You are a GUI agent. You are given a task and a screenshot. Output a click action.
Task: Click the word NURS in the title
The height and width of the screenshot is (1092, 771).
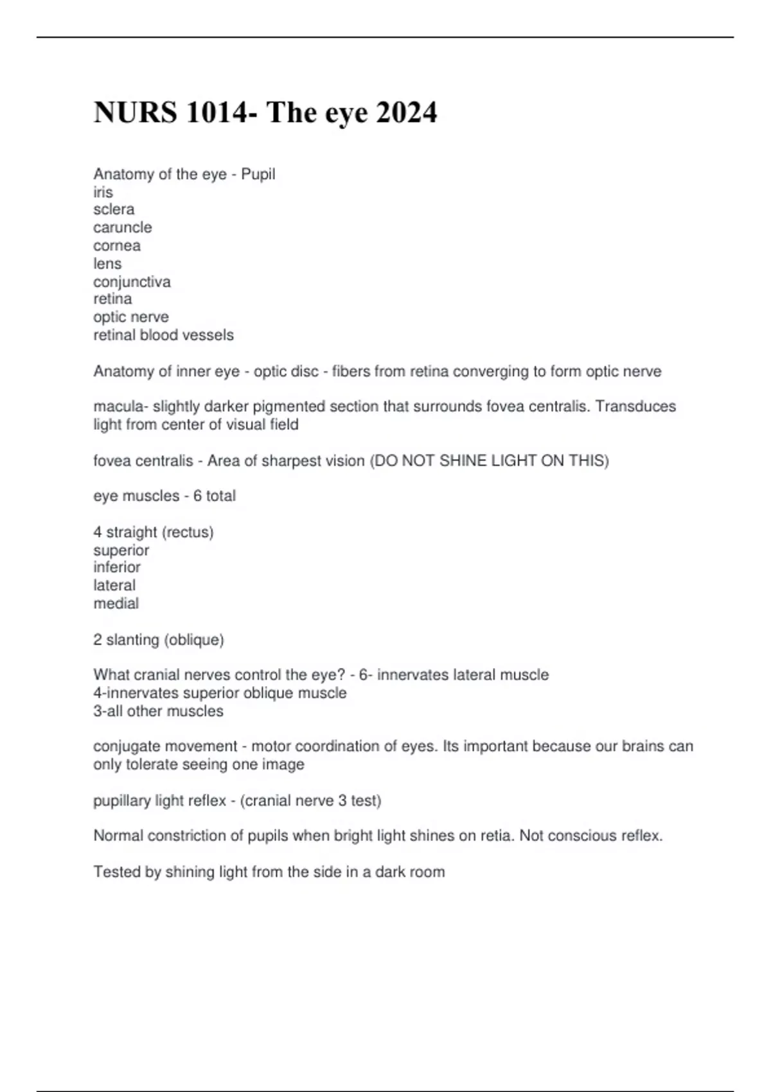point(136,113)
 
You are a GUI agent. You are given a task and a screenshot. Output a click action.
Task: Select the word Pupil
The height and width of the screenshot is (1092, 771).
point(258,174)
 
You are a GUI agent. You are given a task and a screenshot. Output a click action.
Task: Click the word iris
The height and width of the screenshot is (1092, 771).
point(103,192)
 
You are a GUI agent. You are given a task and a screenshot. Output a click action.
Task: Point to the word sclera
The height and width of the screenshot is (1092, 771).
point(114,209)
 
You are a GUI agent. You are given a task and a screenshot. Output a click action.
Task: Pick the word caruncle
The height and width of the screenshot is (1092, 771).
point(123,227)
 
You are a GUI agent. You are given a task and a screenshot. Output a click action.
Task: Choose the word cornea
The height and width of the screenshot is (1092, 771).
point(117,245)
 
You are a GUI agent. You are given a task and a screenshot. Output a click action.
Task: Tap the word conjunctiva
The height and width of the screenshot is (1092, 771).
point(132,282)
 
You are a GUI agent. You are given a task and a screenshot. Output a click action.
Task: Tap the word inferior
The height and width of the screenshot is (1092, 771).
point(117,567)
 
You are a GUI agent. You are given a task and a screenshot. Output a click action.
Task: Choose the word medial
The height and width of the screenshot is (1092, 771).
point(116,603)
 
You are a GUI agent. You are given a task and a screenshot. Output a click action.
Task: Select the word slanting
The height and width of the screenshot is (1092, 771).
point(133,640)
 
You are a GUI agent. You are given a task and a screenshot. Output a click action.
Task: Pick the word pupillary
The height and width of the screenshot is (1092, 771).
point(124,801)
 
